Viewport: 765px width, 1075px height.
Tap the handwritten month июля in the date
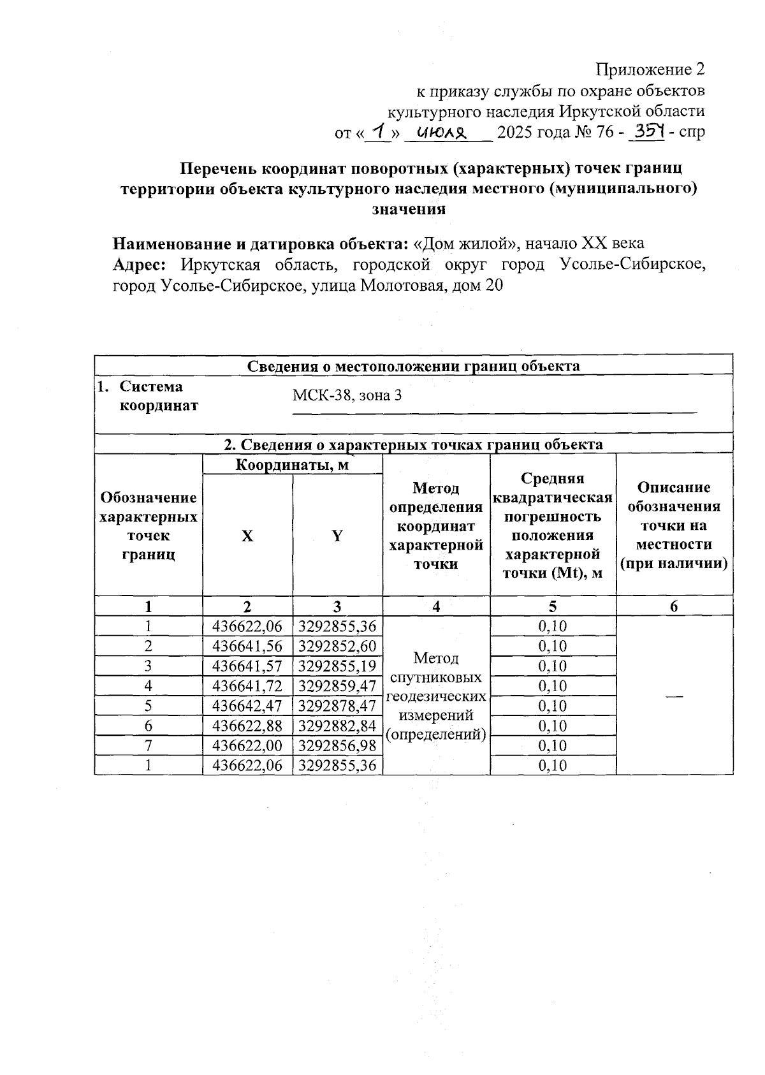pyautogui.click(x=442, y=133)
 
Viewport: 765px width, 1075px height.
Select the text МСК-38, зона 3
pyautogui.click(x=347, y=395)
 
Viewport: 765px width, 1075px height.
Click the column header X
pyautogui.click(x=247, y=536)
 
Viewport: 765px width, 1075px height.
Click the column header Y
pyautogui.click(x=337, y=536)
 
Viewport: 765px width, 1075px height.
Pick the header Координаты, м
pyautogui.click(x=292, y=465)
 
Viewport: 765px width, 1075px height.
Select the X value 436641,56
pyautogui.click(x=247, y=646)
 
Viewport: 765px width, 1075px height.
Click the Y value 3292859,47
pyautogui.click(x=337, y=686)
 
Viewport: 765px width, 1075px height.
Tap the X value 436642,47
pyautogui.click(x=247, y=706)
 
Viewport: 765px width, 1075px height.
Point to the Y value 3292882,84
pyautogui.click(x=337, y=726)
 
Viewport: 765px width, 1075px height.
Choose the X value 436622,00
pyautogui.click(x=247, y=745)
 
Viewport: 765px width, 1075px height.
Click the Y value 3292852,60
pyautogui.click(x=337, y=646)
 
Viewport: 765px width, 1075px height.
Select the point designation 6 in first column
pyautogui.click(x=149, y=726)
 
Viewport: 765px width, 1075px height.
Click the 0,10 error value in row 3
pyautogui.click(x=553, y=666)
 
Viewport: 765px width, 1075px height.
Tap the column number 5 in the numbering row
pyautogui.click(x=553, y=607)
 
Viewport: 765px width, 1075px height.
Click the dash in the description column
pyautogui.click(x=674, y=696)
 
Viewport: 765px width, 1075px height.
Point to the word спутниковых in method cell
pyautogui.click(x=436, y=677)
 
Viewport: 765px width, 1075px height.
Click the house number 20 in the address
pyautogui.click(x=494, y=286)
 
